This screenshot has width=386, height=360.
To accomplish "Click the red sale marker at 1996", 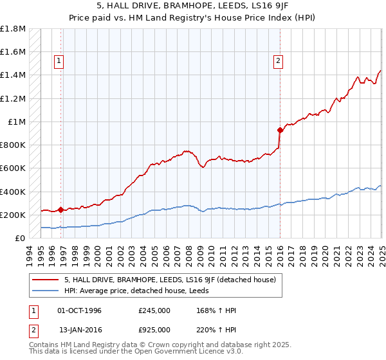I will (x=60, y=210).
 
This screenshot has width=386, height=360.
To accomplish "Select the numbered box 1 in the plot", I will (x=59, y=61).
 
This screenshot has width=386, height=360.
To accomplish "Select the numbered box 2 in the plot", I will (x=278, y=61).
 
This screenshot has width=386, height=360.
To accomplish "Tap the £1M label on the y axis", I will (x=17, y=122).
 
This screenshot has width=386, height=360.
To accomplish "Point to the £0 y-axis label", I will (x=21, y=238).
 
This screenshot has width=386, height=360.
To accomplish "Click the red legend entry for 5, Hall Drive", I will (x=170, y=279).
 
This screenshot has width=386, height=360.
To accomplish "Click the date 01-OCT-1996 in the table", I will (x=79, y=310).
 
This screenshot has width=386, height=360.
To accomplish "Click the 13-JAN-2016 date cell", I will (x=79, y=329).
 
